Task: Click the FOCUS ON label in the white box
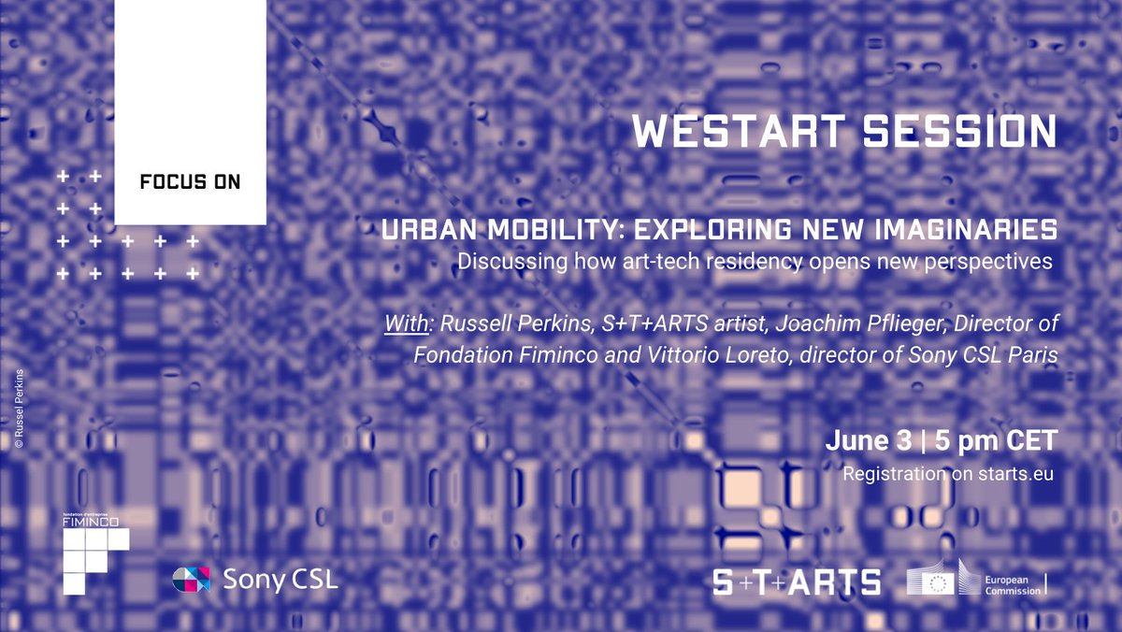click(190, 182)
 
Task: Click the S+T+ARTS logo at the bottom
click(796, 582)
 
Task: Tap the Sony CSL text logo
click(280, 579)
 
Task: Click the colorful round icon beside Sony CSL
click(192, 580)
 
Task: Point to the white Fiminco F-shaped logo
click(93, 558)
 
